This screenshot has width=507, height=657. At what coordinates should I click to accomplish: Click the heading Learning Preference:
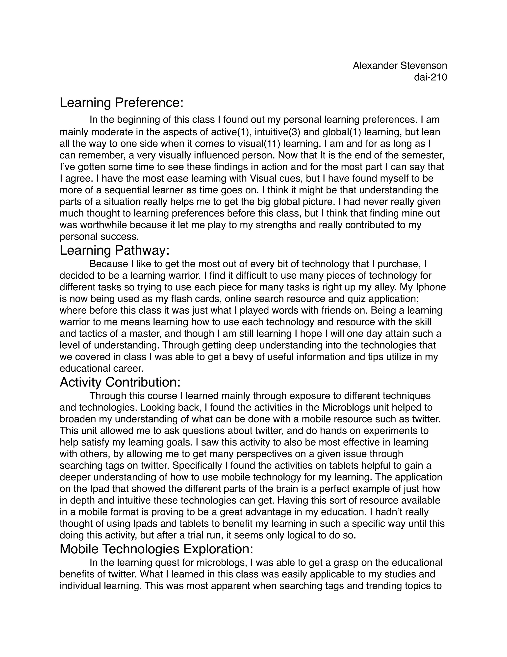(x=121, y=103)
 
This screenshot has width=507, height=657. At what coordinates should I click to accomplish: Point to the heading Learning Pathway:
(x=114, y=251)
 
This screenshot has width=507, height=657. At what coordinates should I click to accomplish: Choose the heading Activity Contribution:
(x=120, y=382)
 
